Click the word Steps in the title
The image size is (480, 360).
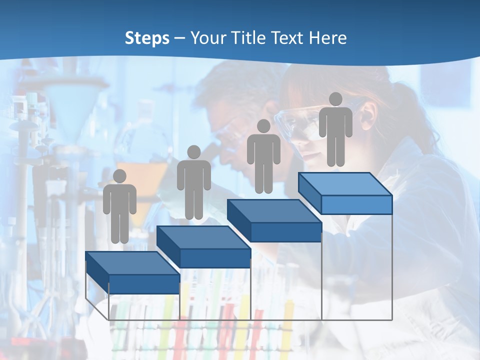tap(147, 38)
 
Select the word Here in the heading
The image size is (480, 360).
tap(327, 38)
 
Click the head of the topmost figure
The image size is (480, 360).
tap(335, 99)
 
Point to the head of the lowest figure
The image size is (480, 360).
tap(119, 176)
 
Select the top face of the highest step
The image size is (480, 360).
tap(345, 184)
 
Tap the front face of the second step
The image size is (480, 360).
tap(215, 258)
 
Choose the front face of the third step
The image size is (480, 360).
tap(285, 232)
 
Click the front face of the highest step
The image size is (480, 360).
tap(356, 204)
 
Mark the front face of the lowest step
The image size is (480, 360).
tap(144, 284)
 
